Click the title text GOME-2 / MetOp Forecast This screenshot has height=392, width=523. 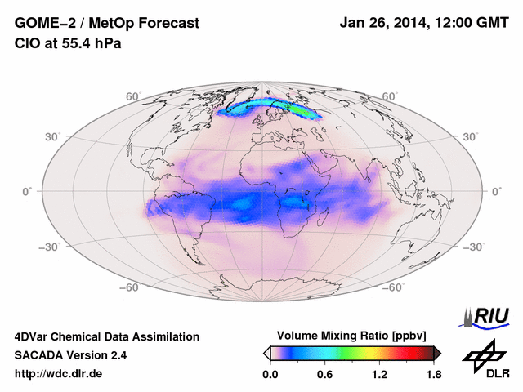point(107,24)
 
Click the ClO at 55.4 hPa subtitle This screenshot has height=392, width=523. point(68,43)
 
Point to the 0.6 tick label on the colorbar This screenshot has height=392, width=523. point(324,375)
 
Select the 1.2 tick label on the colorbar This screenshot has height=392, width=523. point(379,375)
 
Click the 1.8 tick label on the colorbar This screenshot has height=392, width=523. point(433,375)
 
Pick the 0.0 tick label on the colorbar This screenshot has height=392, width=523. point(270,375)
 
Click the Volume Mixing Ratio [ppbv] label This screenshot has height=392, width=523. point(352,336)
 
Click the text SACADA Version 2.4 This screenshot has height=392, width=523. point(70,355)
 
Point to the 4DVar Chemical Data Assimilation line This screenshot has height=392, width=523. point(107,336)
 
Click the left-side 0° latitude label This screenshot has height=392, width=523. point(28,191)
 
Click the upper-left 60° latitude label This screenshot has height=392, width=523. point(132,96)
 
